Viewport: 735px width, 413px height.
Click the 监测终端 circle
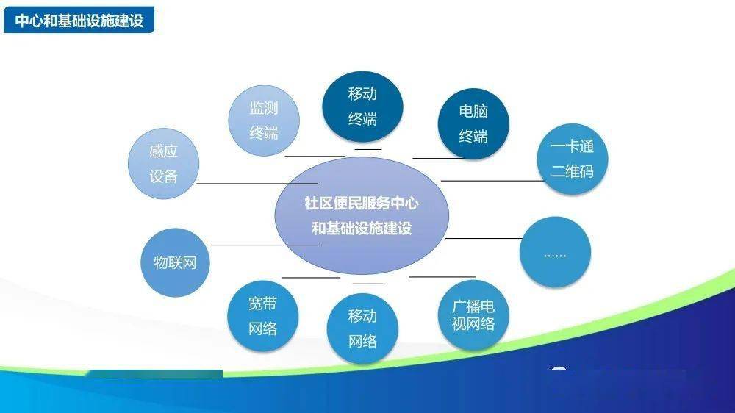click(264, 121)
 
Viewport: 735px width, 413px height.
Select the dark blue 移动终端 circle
click(362, 107)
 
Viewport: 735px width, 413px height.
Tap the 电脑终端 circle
click(473, 123)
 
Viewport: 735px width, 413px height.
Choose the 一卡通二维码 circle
click(573, 159)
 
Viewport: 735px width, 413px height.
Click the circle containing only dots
click(556, 252)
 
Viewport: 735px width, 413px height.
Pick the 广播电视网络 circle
click(473, 315)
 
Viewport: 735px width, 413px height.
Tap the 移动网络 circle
click(362, 328)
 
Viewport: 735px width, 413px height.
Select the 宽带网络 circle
click(263, 316)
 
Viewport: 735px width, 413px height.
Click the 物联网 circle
click(176, 262)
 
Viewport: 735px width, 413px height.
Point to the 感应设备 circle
click(164, 164)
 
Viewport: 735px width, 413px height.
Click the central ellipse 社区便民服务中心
click(362, 215)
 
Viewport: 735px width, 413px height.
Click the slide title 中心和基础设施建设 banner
click(79, 20)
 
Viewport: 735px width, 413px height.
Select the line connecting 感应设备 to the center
click(257, 183)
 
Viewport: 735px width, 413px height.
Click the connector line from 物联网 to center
click(263, 245)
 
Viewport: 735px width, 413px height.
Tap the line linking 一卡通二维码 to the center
click(492, 181)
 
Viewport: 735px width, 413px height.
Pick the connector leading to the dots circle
click(484, 238)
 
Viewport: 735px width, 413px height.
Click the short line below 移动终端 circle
click(368, 149)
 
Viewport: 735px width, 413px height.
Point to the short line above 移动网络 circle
click(368, 284)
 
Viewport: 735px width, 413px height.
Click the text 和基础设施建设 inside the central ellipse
click(362, 229)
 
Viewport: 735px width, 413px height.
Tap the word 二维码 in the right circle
click(573, 171)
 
